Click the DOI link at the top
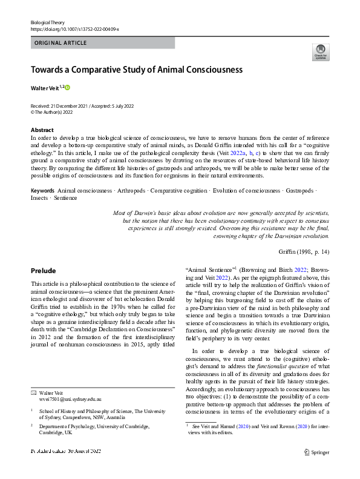click(x=74, y=29)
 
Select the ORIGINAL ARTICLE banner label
click(x=61, y=43)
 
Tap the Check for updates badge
click(x=320, y=53)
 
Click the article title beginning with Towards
click(x=136, y=70)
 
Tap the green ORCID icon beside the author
click(x=68, y=88)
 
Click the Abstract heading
click(x=42, y=130)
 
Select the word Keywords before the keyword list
click(x=42, y=191)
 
